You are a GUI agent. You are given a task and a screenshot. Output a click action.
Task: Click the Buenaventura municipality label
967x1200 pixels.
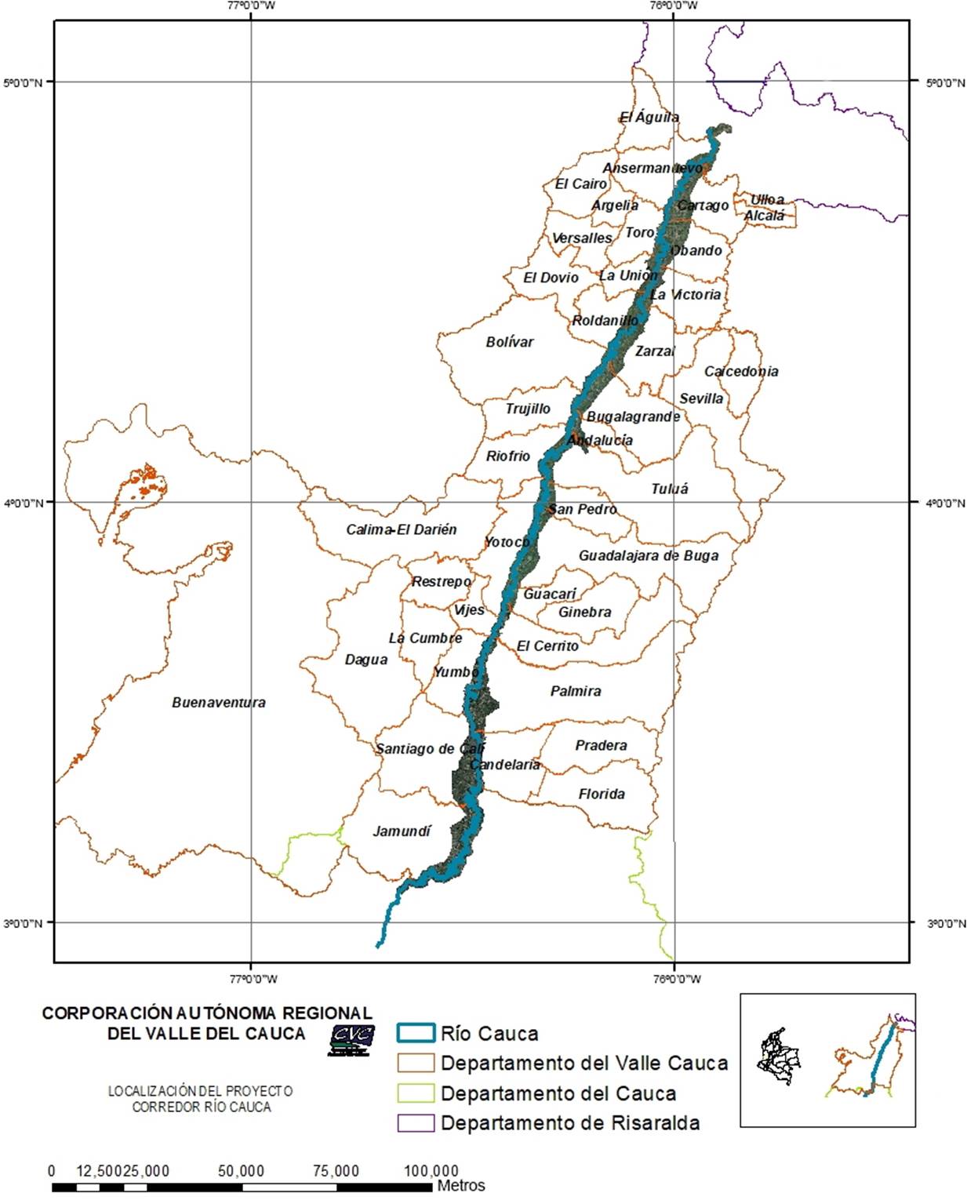click(219, 703)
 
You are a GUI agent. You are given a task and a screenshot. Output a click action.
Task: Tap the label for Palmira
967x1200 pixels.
click(576, 691)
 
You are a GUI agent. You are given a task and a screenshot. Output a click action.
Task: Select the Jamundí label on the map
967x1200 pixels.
click(402, 831)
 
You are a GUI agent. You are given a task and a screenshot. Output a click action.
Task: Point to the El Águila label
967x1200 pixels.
click(649, 117)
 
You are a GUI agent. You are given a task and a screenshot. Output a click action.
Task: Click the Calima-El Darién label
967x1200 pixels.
click(402, 529)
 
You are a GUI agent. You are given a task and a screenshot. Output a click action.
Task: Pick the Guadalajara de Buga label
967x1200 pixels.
click(649, 555)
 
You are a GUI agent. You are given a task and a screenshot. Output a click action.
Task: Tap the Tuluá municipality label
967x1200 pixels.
click(670, 489)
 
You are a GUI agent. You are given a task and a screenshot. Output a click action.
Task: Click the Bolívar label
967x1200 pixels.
click(510, 342)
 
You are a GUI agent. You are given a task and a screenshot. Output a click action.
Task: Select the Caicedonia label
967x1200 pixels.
click(741, 371)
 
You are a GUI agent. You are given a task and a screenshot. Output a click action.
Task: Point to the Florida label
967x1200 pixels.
click(602, 794)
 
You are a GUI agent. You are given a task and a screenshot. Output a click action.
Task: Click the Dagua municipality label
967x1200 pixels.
click(366, 660)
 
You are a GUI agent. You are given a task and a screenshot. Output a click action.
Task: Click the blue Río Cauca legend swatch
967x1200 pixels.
click(416, 1033)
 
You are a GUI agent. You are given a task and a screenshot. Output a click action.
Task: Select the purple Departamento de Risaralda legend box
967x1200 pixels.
click(416, 1122)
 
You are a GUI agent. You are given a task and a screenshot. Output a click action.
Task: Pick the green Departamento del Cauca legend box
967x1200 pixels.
click(416, 1093)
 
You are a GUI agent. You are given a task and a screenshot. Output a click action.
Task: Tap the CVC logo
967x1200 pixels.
click(351, 1039)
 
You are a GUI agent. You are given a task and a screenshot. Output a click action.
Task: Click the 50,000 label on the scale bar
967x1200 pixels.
click(241, 1171)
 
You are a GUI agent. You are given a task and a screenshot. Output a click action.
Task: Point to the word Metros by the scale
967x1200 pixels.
click(461, 1186)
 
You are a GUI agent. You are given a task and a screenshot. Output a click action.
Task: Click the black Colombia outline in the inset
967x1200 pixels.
click(780, 1056)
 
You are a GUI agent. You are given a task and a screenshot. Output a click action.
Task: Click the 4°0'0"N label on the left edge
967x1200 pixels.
click(23, 503)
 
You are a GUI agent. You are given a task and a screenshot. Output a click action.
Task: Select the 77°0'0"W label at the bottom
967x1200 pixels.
click(253, 978)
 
